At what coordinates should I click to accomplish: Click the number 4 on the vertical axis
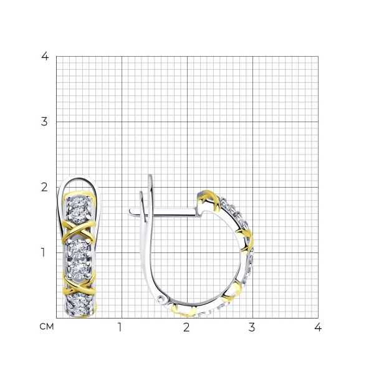(x=45, y=56)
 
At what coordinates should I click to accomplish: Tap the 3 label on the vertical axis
(x=44, y=122)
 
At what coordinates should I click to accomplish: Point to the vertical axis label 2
(x=44, y=187)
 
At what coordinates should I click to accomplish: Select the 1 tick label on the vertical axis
(x=43, y=252)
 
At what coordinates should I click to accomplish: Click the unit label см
(x=47, y=327)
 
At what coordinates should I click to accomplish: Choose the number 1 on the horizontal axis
(x=120, y=327)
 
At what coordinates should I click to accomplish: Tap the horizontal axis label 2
(x=186, y=327)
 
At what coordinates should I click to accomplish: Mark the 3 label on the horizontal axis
(x=252, y=327)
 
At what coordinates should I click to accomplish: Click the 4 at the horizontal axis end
(x=318, y=327)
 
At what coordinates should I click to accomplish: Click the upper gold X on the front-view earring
(x=79, y=231)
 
